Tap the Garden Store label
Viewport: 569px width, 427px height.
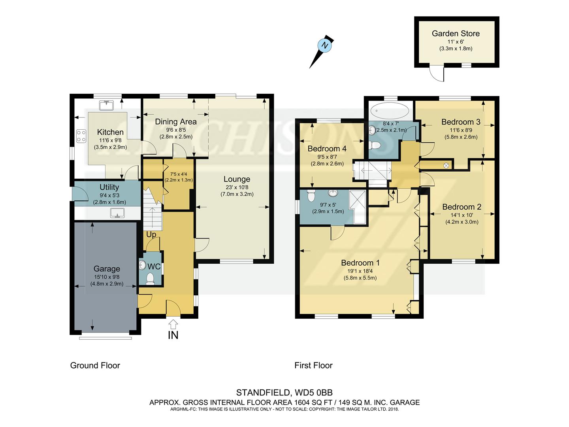(456, 34)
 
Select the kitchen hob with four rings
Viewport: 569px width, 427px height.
(81, 136)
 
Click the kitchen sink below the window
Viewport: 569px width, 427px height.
(107, 106)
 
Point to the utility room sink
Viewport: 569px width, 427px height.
(117, 213)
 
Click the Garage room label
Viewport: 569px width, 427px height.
(107, 269)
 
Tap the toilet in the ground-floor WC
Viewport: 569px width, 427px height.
(150, 279)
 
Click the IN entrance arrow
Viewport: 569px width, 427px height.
(173, 324)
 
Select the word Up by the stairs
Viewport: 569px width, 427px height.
(151, 234)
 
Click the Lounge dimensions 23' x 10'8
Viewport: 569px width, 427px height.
(237, 187)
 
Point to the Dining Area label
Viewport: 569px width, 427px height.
(176, 122)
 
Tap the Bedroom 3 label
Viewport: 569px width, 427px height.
(461, 122)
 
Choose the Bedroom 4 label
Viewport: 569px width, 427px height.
(327, 149)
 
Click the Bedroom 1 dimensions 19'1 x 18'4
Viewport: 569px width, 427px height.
(360, 271)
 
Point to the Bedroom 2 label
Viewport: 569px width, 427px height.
(462, 207)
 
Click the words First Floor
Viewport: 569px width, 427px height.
(313, 366)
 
